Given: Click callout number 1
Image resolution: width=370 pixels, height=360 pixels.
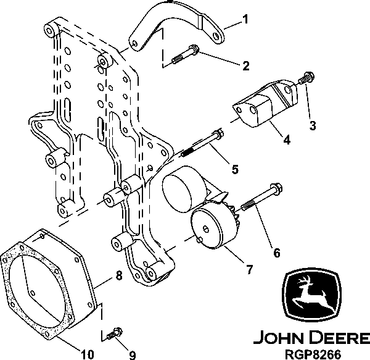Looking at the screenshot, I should (x=245, y=19).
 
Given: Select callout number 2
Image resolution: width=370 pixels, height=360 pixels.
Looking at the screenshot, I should (x=245, y=65).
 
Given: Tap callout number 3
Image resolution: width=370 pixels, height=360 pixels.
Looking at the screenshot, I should (x=313, y=126).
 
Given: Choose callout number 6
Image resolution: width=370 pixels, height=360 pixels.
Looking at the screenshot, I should (x=276, y=253).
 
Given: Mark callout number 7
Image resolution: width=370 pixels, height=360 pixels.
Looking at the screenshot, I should (x=249, y=269).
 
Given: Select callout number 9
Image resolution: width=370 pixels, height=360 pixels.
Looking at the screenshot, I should (x=132, y=354).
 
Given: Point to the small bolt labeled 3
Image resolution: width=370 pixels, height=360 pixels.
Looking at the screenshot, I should (x=304, y=80).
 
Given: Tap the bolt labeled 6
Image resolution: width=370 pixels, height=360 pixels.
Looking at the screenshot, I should (x=260, y=196).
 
